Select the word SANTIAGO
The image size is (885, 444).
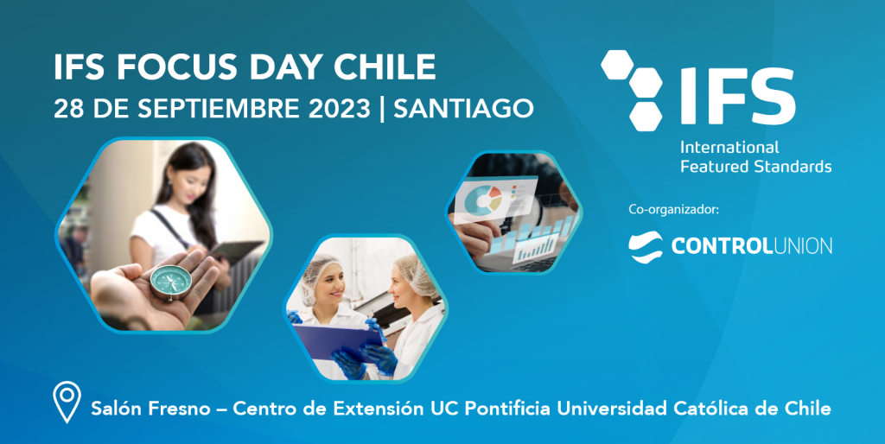point(464,109)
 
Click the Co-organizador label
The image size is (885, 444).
point(673,209)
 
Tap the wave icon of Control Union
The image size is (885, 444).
point(646,245)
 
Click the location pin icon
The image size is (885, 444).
point(67,403)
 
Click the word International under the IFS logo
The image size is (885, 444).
point(729,147)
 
